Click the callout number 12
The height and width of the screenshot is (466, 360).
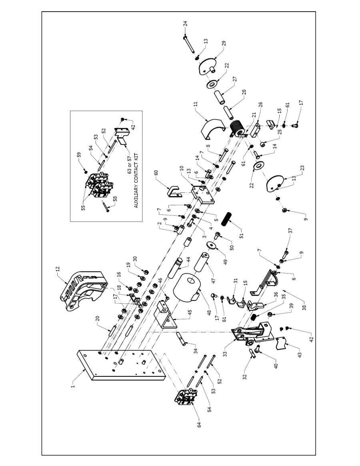58,269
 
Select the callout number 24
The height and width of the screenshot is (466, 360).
185,24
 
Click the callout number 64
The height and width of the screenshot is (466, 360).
199,425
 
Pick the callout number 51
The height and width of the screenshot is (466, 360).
241,235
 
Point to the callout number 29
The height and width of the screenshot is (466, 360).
224,43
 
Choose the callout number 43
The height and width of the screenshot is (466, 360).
300,354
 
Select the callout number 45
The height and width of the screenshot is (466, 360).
190,313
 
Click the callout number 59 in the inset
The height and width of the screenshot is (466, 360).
78,155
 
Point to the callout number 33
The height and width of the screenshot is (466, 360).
225,354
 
